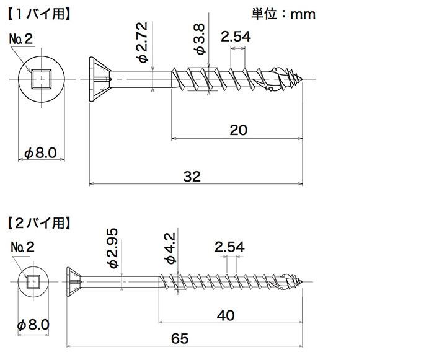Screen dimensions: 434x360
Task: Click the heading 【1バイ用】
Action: tap(39, 14)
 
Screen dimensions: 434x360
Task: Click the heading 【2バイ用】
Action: tap(39, 223)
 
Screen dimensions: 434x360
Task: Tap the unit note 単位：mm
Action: tap(283, 14)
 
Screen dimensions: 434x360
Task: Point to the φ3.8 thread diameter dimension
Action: tap(200, 39)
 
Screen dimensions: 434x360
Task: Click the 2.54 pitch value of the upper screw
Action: tap(236, 37)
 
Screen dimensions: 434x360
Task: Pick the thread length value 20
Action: tap(238, 130)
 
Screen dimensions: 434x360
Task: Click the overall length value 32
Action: tap(192, 176)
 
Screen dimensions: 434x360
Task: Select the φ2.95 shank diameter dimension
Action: tap(113, 248)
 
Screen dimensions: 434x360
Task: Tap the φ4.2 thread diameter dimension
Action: tap(170, 248)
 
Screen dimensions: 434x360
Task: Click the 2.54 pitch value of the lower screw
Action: tap(229, 247)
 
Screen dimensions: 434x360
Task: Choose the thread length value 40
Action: tap(226, 315)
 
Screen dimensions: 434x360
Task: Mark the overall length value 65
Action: tap(180, 338)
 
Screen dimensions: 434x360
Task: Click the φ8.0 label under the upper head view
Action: tap(41, 153)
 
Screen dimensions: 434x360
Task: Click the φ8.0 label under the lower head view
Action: tap(33, 325)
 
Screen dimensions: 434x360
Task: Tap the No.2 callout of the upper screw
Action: tap(21, 39)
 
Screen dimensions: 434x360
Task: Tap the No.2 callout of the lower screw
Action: tap(23, 247)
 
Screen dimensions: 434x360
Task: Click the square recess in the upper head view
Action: tap(42, 79)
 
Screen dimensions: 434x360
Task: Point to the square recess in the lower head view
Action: tap(33, 282)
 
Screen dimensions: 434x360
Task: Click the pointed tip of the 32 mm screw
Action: tap(303, 79)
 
